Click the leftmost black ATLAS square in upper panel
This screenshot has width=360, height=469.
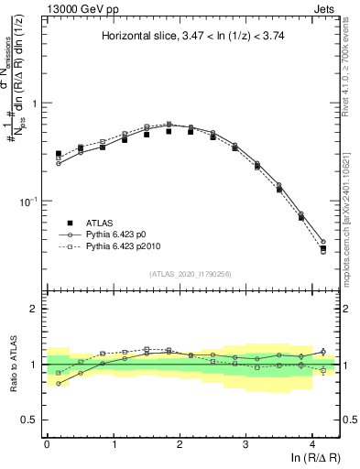click(x=59, y=154)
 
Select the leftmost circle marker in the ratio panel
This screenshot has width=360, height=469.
click(x=59, y=384)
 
